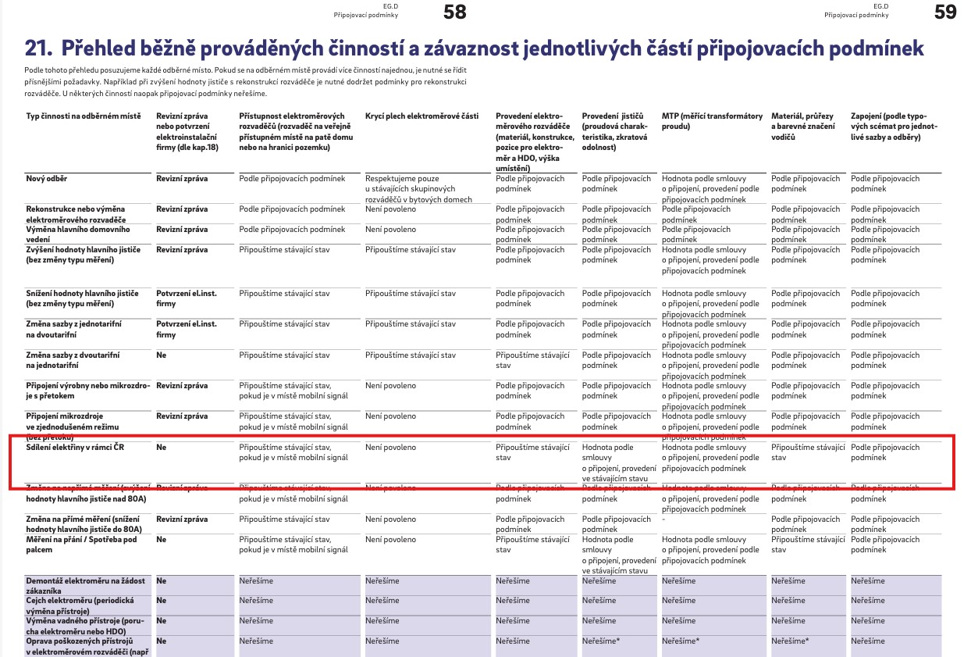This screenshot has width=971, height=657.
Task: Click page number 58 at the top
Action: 454,12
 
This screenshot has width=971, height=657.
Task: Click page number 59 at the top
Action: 945,12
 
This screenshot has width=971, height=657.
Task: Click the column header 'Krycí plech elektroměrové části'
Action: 421,116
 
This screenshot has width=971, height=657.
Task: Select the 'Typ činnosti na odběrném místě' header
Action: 83,116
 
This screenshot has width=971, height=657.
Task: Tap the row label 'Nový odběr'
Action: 47,179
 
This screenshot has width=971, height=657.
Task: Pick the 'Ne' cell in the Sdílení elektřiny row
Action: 161,448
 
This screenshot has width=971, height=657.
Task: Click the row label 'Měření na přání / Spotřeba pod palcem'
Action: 82,545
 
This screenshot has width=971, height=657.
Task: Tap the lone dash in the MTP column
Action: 663,520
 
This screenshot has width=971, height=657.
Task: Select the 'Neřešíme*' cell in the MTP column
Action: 680,641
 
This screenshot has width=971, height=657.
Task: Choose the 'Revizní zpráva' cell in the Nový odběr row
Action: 182,179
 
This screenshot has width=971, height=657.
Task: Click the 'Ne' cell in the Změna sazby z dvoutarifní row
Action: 161,355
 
